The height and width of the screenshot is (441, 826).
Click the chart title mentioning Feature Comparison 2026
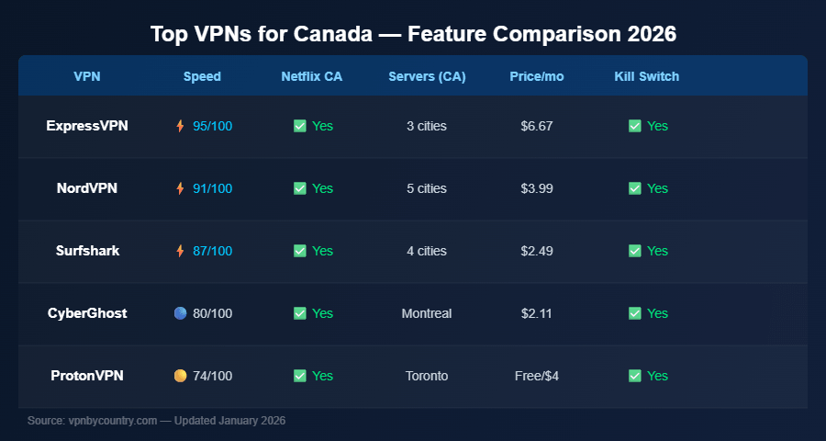pyautogui.click(x=413, y=35)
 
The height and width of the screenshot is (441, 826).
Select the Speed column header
pyautogui.click(x=202, y=76)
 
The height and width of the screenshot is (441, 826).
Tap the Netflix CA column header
pyautogui.click(x=311, y=76)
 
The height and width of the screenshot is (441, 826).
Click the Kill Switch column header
pyautogui.click(x=646, y=76)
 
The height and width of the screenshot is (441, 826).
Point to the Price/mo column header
pyautogui.click(x=536, y=76)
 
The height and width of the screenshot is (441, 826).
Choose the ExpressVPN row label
pyautogui.click(x=87, y=126)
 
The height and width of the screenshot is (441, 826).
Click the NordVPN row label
pyautogui.click(x=87, y=188)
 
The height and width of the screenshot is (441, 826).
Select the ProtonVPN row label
pyautogui.click(x=87, y=376)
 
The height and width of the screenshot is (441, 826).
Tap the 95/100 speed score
pyautogui.click(x=212, y=126)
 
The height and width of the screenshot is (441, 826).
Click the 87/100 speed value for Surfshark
pyautogui.click(x=212, y=251)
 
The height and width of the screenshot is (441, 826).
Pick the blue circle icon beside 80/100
pyautogui.click(x=180, y=313)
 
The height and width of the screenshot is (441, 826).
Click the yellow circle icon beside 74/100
pyautogui.click(x=180, y=376)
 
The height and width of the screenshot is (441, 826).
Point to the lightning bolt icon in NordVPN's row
pyautogui.click(x=180, y=188)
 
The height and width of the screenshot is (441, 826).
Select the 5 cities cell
pyautogui.click(x=426, y=188)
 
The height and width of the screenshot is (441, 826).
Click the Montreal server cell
pyautogui.click(x=426, y=313)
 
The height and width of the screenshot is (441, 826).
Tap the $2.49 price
pyautogui.click(x=536, y=251)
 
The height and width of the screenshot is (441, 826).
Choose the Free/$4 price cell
pyautogui.click(x=536, y=376)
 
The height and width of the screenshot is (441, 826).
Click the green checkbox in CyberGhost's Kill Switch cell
pyautogui.click(x=634, y=313)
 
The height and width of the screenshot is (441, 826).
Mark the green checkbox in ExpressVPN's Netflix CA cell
pyautogui.click(x=299, y=126)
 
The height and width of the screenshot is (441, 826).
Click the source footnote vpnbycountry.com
pyautogui.click(x=156, y=421)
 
